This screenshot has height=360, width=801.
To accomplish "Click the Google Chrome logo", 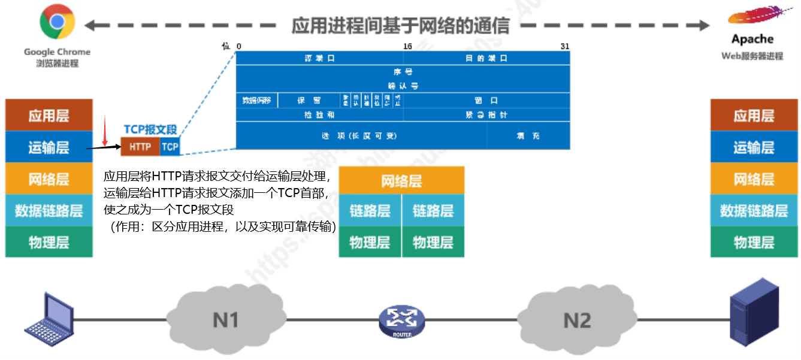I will click(x=57, y=23).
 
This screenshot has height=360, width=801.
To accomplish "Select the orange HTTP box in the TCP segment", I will click(x=140, y=146).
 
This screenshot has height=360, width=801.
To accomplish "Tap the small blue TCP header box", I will click(x=170, y=146).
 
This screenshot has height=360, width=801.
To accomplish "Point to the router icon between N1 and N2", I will click(x=401, y=322).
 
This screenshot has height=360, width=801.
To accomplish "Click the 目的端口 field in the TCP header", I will click(x=486, y=58).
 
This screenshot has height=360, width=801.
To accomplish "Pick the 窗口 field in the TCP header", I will click(x=486, y=101).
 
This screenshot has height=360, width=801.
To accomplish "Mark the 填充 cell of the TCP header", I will click(x=528, y=136).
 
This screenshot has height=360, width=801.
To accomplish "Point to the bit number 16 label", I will click(x=407, y=46).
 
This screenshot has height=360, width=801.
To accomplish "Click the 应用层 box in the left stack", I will click(x=49, y=116).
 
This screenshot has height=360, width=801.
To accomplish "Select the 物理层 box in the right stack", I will click(x=754, y=242).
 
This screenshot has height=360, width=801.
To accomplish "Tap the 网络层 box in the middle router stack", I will click(x=401, y=180).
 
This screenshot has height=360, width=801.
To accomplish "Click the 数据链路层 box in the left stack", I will click(x=49, y=210).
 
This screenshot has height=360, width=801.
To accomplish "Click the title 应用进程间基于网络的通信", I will click(x=400, y=25).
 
